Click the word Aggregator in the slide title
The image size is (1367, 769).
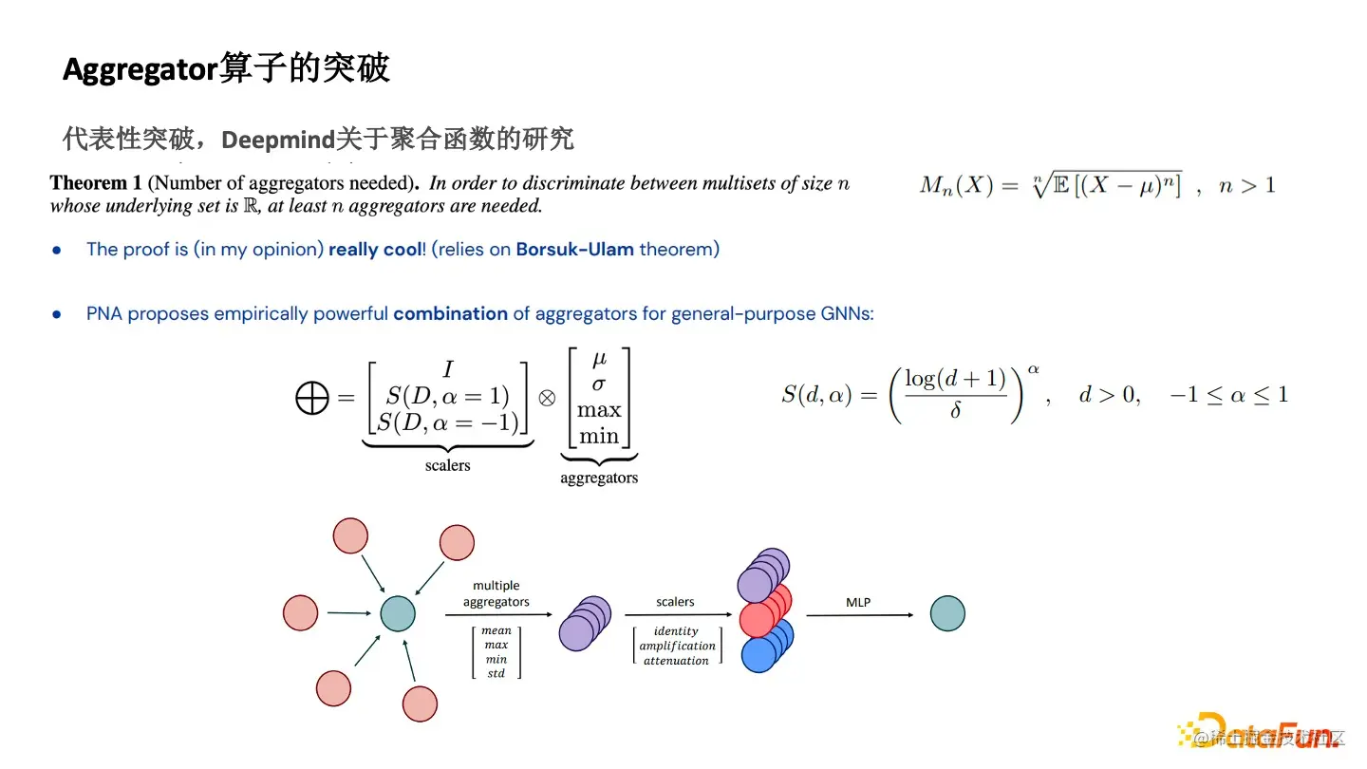click(140, 69)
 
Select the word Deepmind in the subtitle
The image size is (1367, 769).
click(278, 141)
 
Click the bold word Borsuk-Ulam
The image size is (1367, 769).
click(574, 250)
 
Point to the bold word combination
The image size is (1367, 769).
click(450, 313)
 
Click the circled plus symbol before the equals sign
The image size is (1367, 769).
click(311, 400)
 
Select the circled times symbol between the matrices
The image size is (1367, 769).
click(547, 399)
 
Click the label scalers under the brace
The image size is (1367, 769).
click(447, 465)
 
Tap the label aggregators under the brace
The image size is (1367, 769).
click(598, 478)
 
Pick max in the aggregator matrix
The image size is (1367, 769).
click(598, 411)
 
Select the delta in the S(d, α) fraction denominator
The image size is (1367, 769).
click(955, 411)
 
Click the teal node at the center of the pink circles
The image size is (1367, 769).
click(398, 613)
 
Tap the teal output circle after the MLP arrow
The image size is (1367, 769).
click(946, 613)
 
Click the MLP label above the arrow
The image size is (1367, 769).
click(857, 602)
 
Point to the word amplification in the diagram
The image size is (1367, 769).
click(676, 646)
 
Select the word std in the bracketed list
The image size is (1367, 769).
click(496, 674)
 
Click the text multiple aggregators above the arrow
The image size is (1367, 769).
click(496, 593)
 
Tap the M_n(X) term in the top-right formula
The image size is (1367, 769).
click(956, 185)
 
